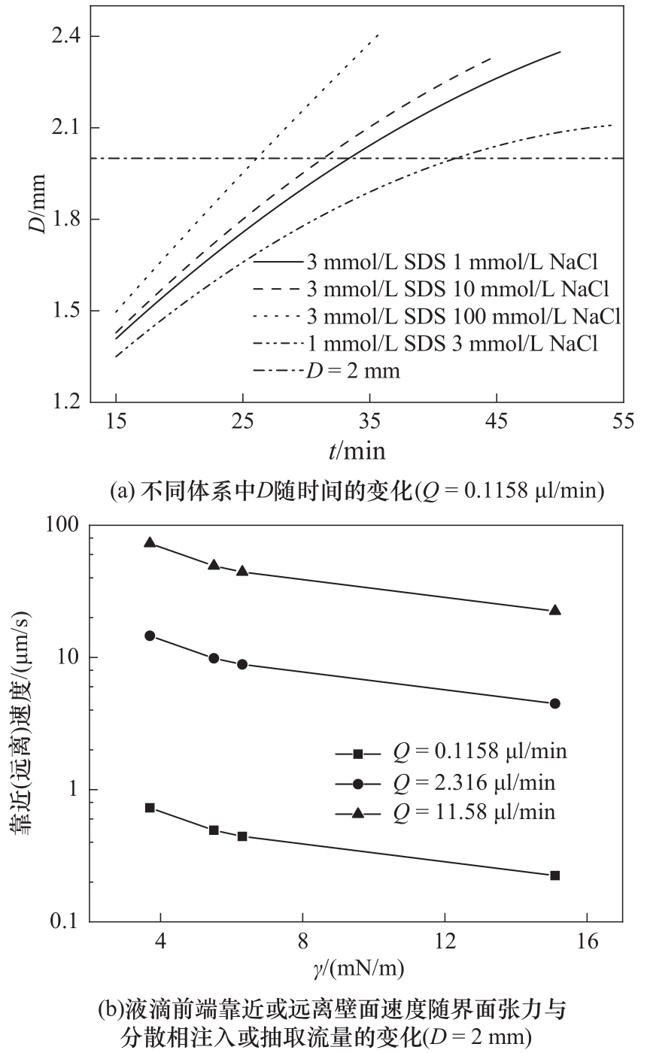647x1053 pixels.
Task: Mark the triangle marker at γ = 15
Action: (x=555, y=610)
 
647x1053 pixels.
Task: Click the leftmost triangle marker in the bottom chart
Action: (x=150, y=542)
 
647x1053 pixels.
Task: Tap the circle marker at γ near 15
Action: (x=555, y=703)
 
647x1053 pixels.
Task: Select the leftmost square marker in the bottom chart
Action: (x=150, y=808)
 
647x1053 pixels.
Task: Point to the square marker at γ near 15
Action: (x=555, y=875)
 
